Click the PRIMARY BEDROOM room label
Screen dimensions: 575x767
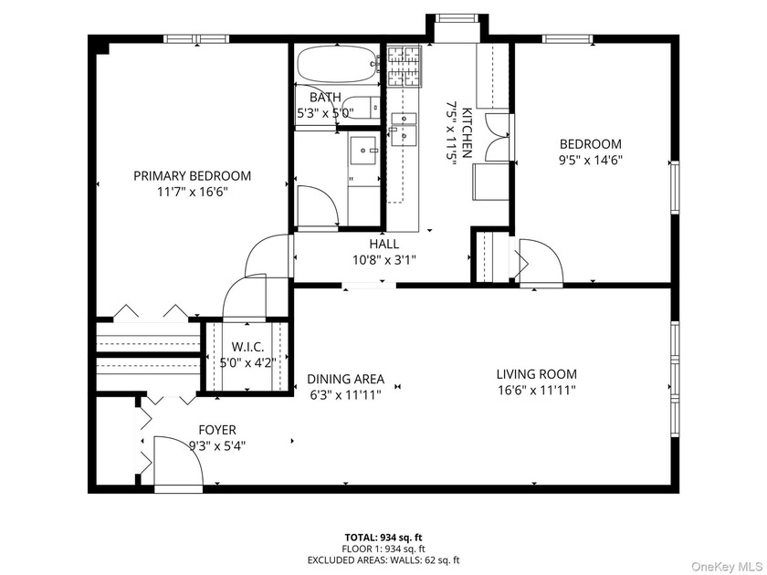[x=192, y=176]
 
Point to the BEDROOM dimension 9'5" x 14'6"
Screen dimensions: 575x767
[x=591, y=159]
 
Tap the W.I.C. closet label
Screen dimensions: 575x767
[x=247, y=347]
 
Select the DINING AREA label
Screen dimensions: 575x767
[x=345, y=379]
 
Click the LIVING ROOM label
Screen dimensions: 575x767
[x=536, y=374]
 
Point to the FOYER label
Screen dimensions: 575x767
[x=216, y=430]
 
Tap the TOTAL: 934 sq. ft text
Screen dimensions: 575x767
[x=383, y=538]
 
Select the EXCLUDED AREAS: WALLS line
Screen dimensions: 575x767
[x=383, y=559]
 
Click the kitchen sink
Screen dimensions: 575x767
[x=403, y=129]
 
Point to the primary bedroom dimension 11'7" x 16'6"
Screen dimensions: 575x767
[x=192, y=192]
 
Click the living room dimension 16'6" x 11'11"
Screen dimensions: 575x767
[x=536, y=390]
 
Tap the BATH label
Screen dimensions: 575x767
[x=324, y=98]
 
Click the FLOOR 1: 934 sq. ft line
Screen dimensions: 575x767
[x=383, y=549]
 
